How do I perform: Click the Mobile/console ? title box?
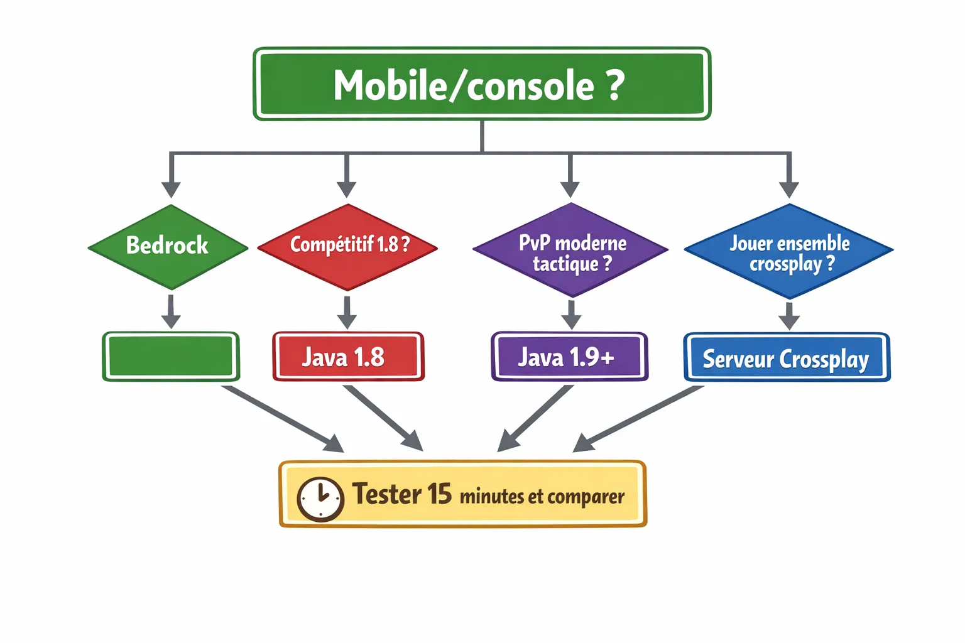tap(482, 84)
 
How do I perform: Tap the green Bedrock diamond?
tap(168, 246)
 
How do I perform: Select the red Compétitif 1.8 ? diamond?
tap(347, 246)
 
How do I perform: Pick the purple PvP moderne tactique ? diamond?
tap(570, 250)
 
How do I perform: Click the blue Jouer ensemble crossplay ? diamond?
tap(788, 251)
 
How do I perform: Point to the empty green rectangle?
tap(171, 357)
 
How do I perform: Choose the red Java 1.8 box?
tap(348, 357)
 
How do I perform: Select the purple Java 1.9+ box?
tap(569, 357)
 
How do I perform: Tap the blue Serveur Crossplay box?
tap(787, 358)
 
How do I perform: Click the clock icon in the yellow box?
tap(320, 499)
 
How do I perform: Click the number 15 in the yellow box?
tap(439, 494)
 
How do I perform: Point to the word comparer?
tap(586, 497)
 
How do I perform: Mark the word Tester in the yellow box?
tap(386, 494)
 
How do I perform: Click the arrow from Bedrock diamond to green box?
tap(171, 311)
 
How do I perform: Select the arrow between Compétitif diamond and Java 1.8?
tap(347, 312)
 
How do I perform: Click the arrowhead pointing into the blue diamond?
tap(789, 188)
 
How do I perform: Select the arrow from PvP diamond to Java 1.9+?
tap(570, 314)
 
